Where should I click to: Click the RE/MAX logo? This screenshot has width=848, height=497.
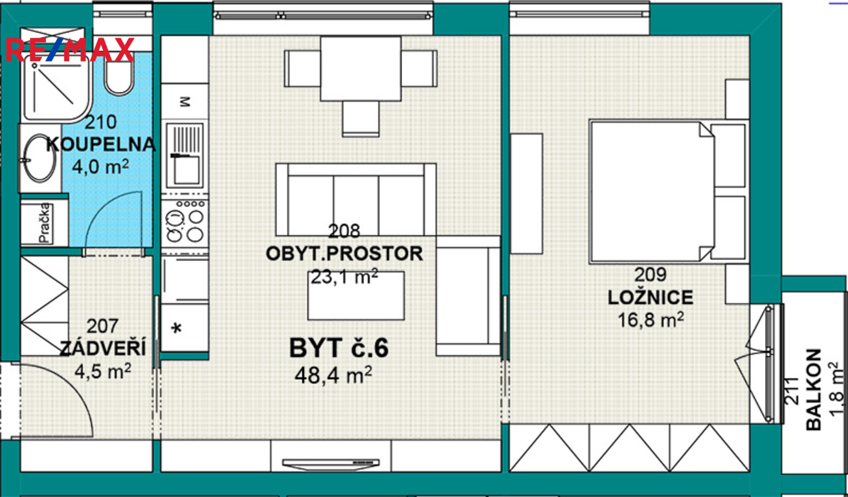70,50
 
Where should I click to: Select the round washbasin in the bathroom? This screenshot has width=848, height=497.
39,158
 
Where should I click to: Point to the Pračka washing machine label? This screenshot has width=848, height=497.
44,223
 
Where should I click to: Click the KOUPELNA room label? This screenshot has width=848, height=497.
101,144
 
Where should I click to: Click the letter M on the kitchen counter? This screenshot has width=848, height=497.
184,102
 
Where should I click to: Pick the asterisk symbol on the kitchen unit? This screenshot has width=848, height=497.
176,328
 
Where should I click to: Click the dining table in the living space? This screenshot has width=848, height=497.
361,69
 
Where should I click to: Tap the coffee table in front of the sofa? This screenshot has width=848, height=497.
356,296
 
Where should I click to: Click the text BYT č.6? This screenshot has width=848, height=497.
339,348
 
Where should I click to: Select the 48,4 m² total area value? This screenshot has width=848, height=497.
333,375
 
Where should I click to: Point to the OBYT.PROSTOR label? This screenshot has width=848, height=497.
344,254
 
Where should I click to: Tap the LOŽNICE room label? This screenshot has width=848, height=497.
651,298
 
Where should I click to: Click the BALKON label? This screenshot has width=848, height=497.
814,390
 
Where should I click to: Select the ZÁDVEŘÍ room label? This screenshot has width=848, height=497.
103,348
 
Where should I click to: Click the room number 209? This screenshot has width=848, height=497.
651,274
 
